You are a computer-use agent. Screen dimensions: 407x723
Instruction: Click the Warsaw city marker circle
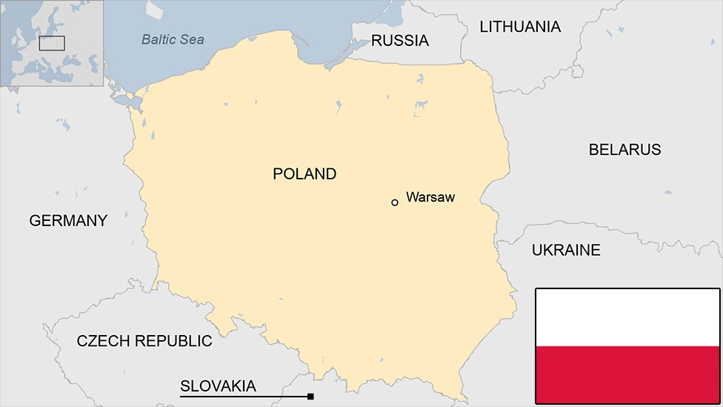[x=395, y=202]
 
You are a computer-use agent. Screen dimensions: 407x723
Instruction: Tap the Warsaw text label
[x=430, y=197]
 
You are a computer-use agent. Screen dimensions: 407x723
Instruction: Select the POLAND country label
[x=304, y=174]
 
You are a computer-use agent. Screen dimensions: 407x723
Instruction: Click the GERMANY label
[x=68, y=220]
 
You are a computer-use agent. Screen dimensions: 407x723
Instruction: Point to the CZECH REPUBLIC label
[x=144, y=341]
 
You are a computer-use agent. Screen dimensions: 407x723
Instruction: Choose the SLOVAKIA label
[x=218, y=386]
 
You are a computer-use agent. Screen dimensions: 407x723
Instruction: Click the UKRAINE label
[x=566, y=251]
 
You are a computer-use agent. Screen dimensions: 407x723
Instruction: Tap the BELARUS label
[x=624, y=150]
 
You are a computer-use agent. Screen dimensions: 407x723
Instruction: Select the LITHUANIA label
[x=520, y=27]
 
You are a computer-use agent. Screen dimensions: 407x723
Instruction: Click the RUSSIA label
[x=399, y=41]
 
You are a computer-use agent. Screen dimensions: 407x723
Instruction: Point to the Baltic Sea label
[x=173, y=39]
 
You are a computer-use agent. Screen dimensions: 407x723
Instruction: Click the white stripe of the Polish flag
[x=627, y=317]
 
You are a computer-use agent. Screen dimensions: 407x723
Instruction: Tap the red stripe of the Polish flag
[x=627, y=374]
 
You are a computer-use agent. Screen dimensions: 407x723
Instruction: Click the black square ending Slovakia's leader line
[x=310, y=397]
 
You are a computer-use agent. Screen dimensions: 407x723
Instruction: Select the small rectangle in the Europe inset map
[x=52, y=43]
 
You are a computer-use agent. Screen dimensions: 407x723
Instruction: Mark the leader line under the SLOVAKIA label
[x=244, y=397]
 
